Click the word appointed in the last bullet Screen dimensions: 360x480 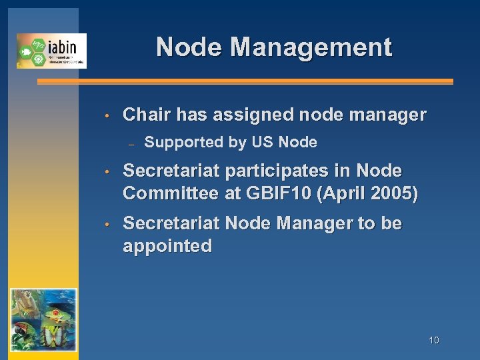(x=167, y=246)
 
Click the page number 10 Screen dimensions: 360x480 (x=433, y=340)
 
